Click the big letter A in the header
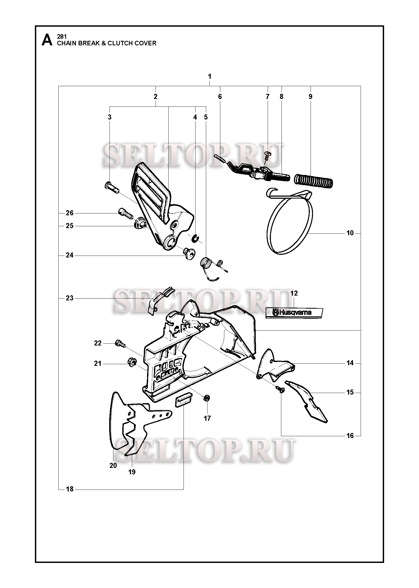click(47, 40)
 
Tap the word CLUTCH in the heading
click(120, 43)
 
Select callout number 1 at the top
click(210, 77)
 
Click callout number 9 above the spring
click(311, 97)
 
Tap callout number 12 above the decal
click(294, 293)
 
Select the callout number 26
click(70, 213)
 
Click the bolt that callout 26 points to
click(125, 214)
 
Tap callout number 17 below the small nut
click(207, 418)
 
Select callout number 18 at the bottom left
click(70, 489)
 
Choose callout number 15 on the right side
click(350, 392)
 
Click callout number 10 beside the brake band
click(350, 233)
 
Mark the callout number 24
click(70, 255)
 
